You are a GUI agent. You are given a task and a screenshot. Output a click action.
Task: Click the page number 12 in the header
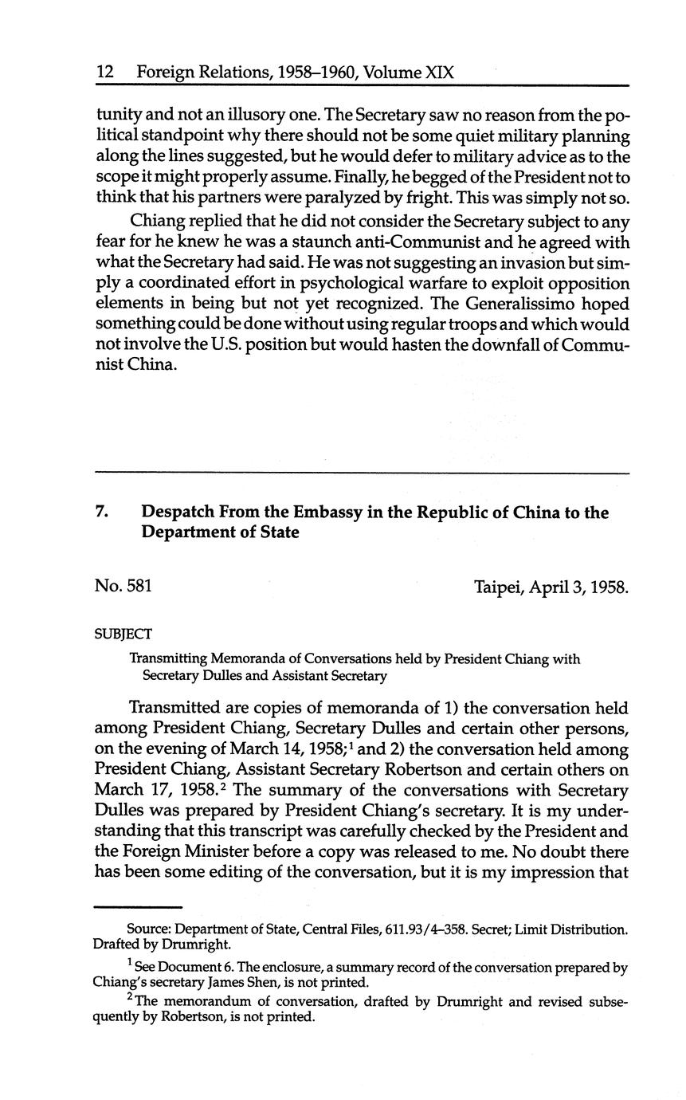click(104, 73)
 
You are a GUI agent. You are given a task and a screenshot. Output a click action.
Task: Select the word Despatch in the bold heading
click(178, 513)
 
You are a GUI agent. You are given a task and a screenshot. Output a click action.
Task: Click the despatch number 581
click(137, 587)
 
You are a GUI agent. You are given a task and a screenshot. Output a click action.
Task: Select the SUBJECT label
click(123, 634)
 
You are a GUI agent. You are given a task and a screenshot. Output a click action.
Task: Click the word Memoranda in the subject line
click(234, 659)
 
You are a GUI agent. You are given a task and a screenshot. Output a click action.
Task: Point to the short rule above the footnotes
click(138, 907)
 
